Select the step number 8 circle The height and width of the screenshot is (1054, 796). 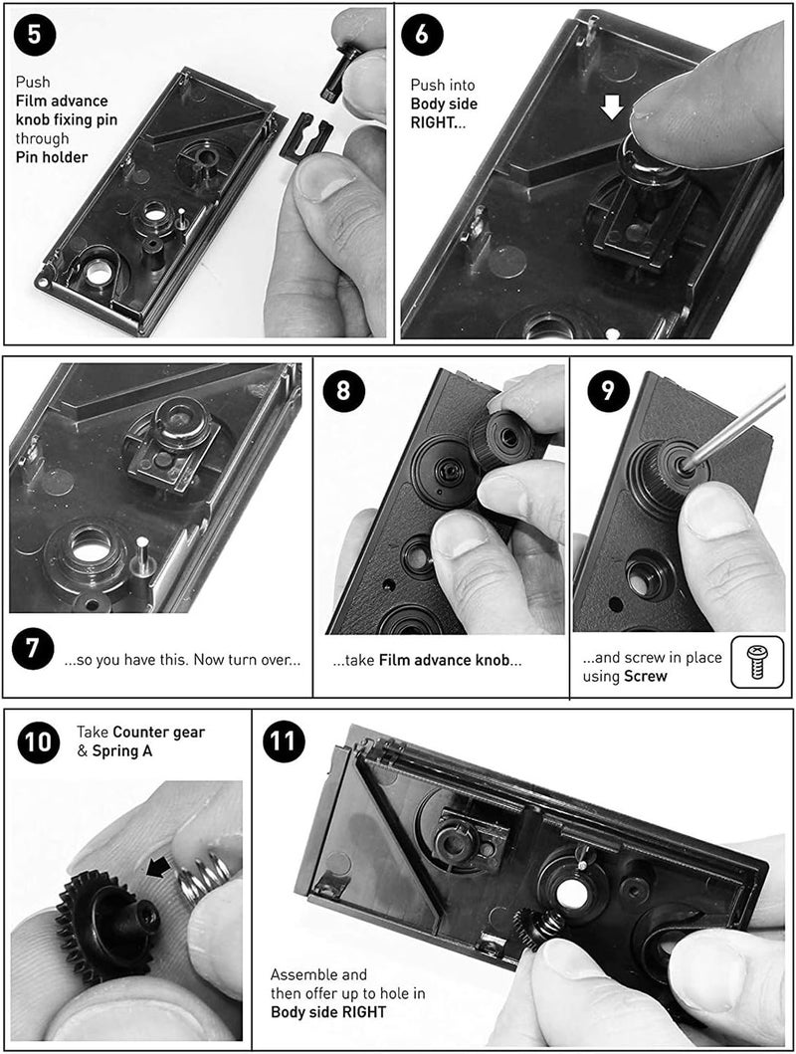pyautogui.click(x=344, y=389)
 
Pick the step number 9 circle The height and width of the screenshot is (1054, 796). pyautogui.click(x=601, y=389)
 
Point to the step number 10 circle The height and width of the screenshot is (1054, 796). pyautogui.click(x=39, y=742)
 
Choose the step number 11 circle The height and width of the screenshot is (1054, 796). pyautogui.click(x=284, y=742)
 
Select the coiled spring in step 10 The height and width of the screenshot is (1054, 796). pyautogui.click(x=204, y=877)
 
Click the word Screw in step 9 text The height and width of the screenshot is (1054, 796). pyautogui.click(x=647, y=677)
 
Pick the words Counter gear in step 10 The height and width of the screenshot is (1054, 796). pyautogui.click(x=160, y=733)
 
